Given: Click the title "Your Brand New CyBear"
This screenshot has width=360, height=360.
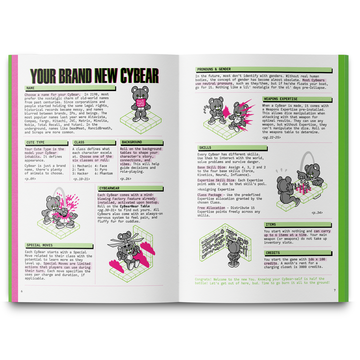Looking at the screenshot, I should point(94,76).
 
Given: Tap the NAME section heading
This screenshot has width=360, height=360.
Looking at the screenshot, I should point(31,88).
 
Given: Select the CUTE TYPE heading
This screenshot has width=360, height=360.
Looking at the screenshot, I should point(35,142).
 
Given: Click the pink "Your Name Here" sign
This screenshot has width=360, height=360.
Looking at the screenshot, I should point(140,103).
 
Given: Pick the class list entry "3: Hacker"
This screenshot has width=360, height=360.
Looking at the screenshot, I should point(80,173).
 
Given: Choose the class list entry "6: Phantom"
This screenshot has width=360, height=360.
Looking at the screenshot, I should point(104,173).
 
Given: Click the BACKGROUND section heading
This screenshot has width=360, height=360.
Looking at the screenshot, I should point(132,142).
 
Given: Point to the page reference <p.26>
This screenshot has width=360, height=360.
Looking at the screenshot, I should point(126,179).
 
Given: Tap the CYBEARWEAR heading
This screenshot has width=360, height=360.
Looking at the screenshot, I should point(109,188).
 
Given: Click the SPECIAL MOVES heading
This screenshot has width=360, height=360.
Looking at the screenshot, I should point(40,245).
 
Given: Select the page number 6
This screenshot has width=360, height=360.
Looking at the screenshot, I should point(22,291).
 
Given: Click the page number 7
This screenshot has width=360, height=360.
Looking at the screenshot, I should point(335,290).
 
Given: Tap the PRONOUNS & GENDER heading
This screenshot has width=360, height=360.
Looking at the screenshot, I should point(214,69).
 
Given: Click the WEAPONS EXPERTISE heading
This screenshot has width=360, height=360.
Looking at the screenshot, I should point(281,99).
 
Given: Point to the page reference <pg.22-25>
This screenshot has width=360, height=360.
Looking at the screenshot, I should point(271,137).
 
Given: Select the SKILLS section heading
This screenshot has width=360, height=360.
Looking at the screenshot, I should point(205,148).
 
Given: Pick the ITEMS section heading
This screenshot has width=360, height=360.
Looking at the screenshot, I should point(271,224).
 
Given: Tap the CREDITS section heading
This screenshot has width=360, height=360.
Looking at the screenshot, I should point(273,253).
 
